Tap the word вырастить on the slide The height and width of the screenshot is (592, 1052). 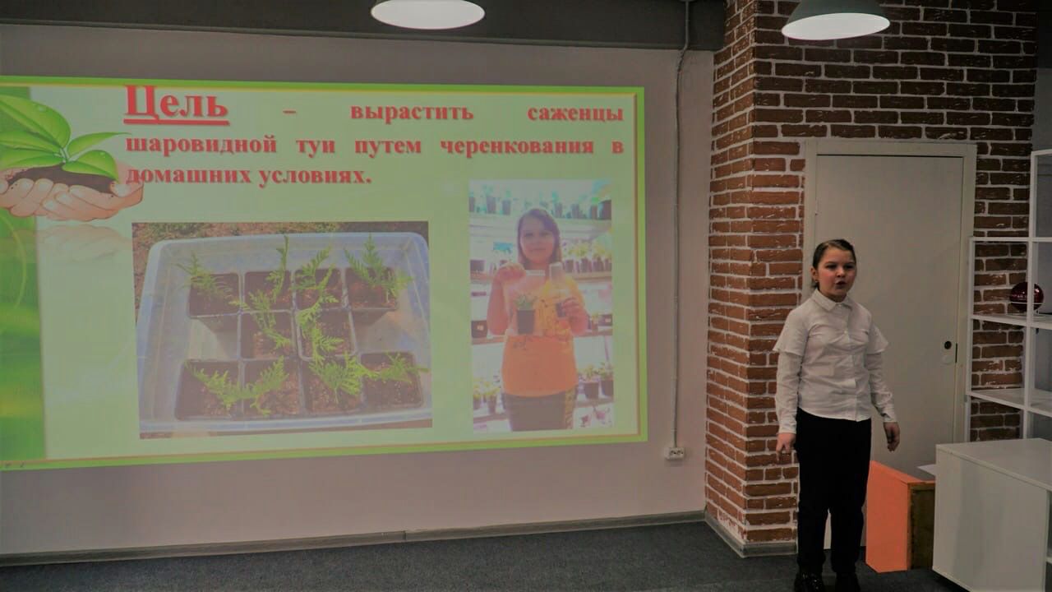coord(412,113)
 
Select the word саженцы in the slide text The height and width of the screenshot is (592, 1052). coord(575,114)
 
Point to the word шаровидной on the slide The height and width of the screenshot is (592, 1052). coord(201,146)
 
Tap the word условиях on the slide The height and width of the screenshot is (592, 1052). coord(315,176)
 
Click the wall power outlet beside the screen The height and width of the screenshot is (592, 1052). coord(675,453)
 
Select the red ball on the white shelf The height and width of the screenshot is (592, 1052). coord(1027,298)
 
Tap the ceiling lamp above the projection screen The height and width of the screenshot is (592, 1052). coord(427,12)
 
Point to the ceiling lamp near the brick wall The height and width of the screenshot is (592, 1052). coord(836,21)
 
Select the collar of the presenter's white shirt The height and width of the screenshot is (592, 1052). coord(832,301)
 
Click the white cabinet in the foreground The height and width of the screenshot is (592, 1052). coord(992,515)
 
